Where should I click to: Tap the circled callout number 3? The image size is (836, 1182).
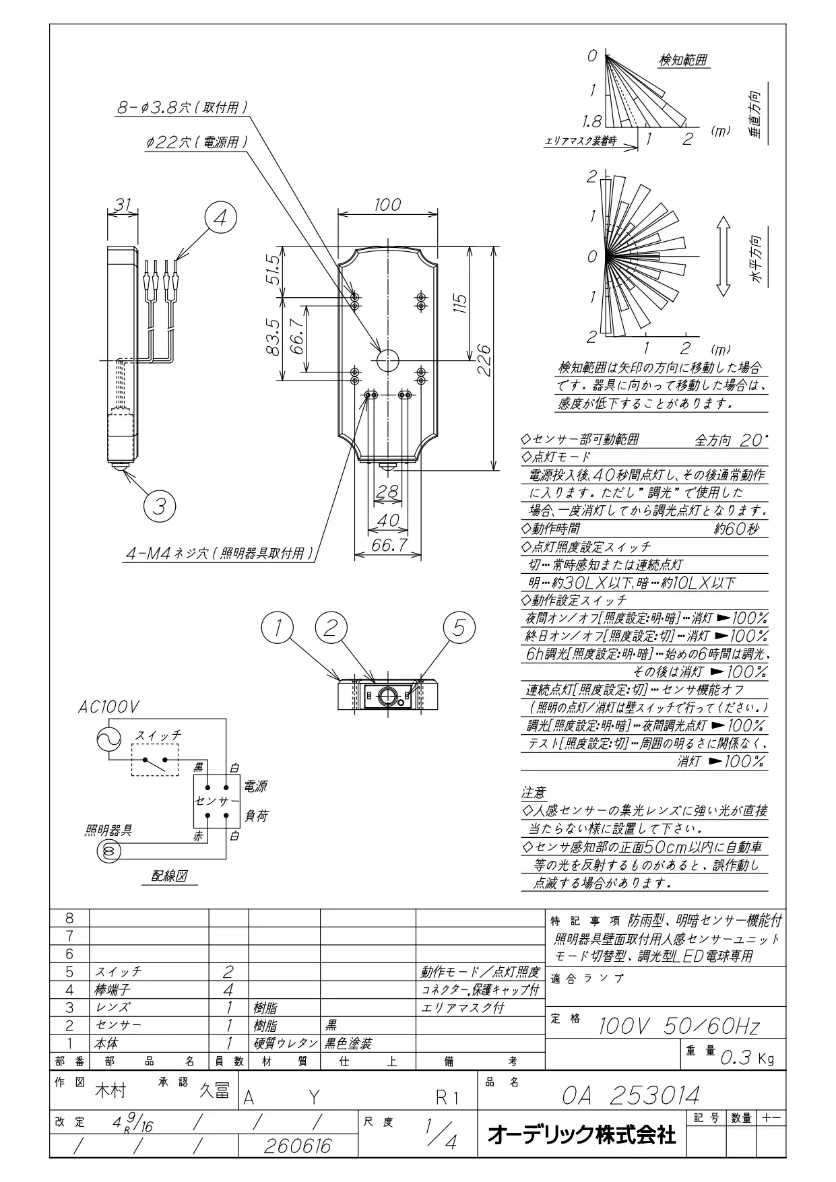tap(160, 505)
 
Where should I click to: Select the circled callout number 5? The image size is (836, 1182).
tap(459, 628)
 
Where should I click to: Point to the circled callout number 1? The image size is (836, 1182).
tap(278, 628)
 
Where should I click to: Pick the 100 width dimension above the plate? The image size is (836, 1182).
tap(387, 204)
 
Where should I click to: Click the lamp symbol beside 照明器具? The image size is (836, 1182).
tap(110, 851)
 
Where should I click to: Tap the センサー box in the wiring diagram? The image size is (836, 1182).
tap(217, 801)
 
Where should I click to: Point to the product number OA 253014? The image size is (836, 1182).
tap(631, 1095)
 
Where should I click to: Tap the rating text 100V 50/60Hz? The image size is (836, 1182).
tap(679, 1026)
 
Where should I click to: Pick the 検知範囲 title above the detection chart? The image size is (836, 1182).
tap(683, 60)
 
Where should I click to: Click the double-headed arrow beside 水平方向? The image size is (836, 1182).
tap(723, 257)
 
